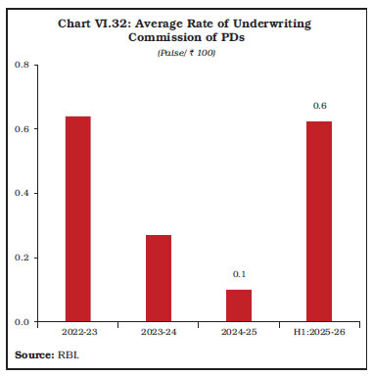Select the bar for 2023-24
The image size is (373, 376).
(159, 278)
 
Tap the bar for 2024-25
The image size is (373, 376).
(238, 305)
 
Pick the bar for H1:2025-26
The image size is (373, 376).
(318, 221)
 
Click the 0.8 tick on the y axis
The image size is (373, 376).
(22, 65)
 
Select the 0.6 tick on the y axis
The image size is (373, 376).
(22, 129)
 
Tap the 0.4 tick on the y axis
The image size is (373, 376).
(22, 193)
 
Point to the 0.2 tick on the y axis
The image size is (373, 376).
(22, 258)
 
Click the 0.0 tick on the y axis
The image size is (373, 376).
(22, 321)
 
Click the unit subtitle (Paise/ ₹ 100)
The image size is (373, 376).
(186, 51)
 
